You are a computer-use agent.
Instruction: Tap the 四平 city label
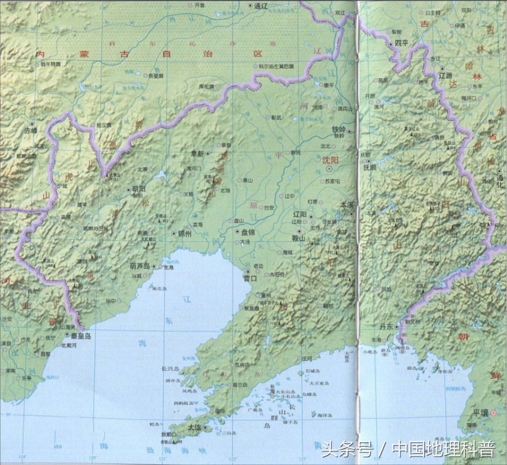[x=402, y=43]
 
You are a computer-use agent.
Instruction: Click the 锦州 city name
[x=185, y=233]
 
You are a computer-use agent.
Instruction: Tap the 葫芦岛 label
[x=139, y=265]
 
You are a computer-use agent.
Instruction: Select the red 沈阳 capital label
[x=330, y=160]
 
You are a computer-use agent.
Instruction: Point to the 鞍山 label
[x=298, y=238]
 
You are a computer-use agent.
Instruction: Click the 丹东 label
[x=386, y=327]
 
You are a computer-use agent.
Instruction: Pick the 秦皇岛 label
[x=80, y=335]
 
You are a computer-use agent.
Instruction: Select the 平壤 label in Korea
[x=472, y=412]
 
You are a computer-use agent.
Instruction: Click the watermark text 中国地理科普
[x=443, y=449]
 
